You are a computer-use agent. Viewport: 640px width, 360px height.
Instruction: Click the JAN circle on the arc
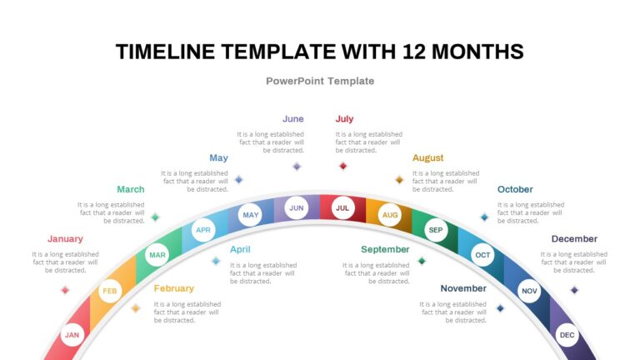click(72, 335)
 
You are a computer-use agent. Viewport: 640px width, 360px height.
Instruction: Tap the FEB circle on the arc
click(110, 291)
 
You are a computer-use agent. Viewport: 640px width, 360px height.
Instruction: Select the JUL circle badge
click(342, 207)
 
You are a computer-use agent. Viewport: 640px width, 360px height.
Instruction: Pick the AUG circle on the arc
click(390, 215)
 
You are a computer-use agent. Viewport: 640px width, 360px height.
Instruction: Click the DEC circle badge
click(567, 335)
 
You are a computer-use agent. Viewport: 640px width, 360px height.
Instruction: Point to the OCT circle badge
click(482, 255)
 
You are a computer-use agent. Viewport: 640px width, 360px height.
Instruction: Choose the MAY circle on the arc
click(250, 215)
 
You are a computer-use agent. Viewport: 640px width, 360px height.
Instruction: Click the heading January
click(65, 239)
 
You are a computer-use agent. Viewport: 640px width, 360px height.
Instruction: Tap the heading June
click(293, 119)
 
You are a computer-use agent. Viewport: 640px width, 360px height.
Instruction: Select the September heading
click(385, 249)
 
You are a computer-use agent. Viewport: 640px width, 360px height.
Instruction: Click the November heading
click(463, 288)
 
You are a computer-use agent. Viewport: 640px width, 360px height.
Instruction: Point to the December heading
click(574, 239)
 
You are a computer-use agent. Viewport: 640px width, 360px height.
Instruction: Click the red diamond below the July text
click(342, 166)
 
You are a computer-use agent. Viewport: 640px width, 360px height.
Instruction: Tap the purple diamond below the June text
click(297, 166)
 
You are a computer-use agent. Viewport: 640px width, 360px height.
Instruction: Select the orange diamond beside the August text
click(399, 180)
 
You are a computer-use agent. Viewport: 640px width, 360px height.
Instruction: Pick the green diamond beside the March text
click(155, 217)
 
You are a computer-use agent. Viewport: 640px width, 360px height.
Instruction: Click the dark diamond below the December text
click(574, 290)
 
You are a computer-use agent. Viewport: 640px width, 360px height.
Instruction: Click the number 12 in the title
click(414, 52)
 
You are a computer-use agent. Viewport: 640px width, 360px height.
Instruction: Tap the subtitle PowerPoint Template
click(320, 81)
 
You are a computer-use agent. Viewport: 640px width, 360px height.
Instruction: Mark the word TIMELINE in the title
click(165, 52)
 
